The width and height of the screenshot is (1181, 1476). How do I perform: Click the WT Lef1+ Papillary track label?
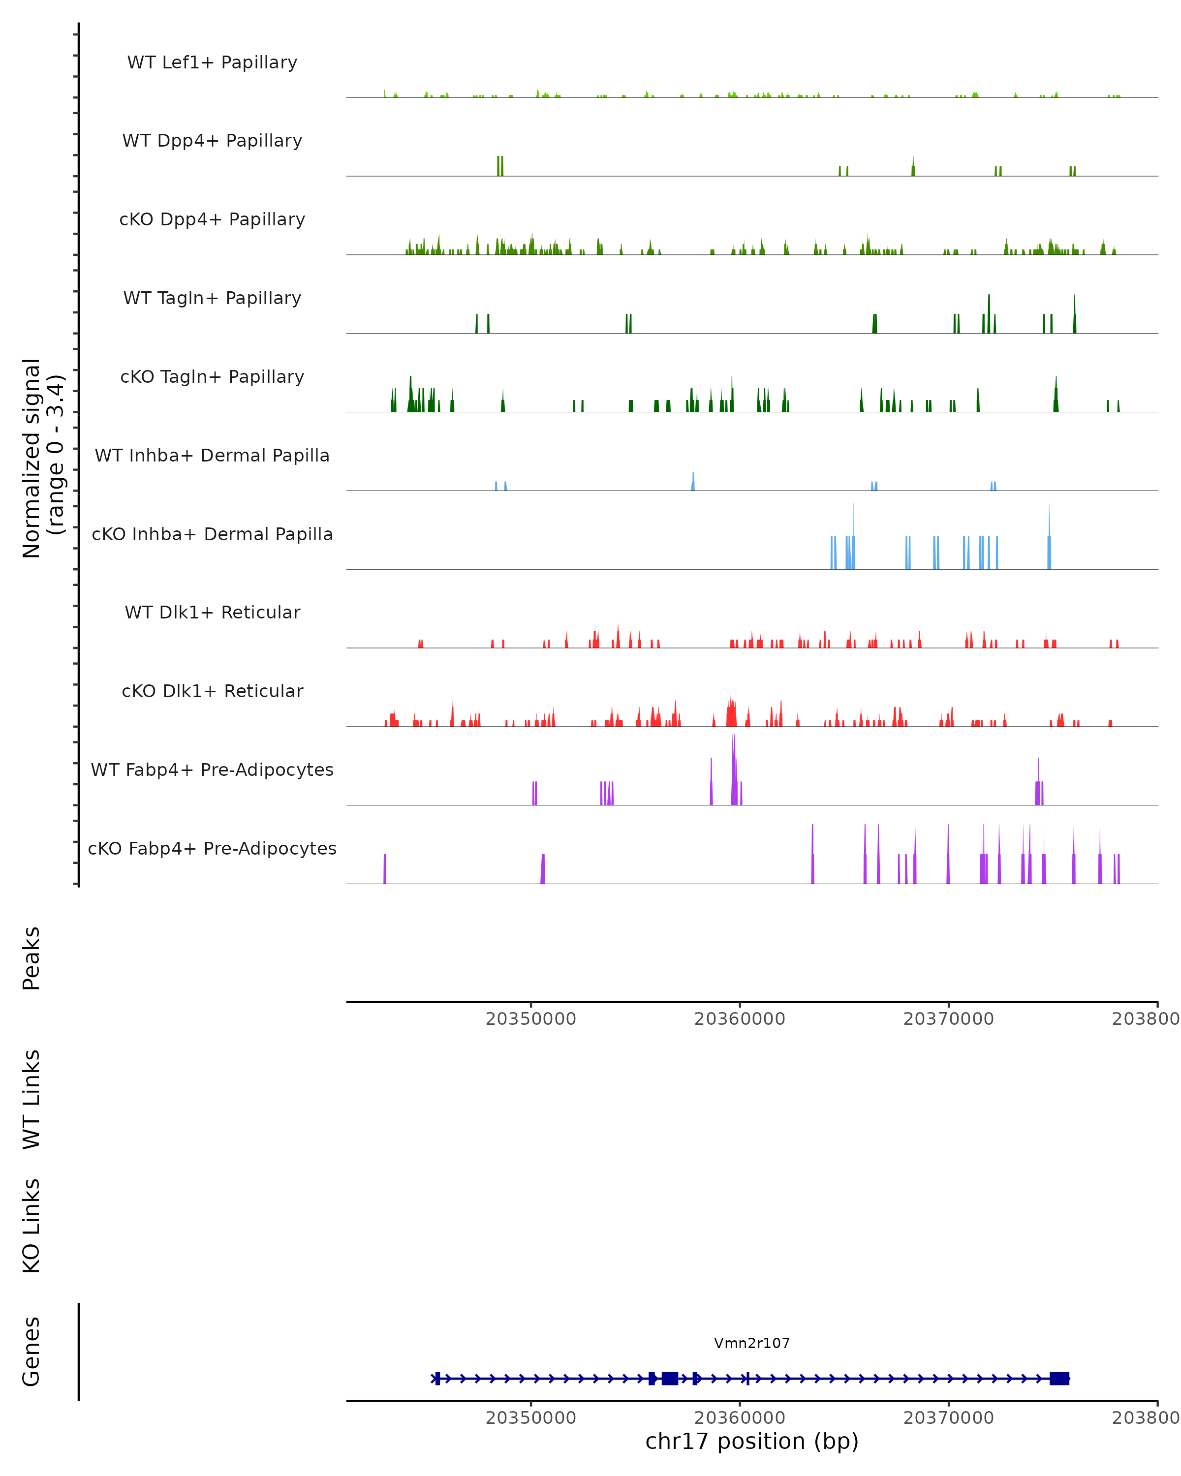click(x=212, y=62)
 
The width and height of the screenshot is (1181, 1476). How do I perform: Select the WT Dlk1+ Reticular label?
click(x=212, y=612)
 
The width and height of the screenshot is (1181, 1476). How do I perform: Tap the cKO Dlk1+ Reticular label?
click(x=212, y=691)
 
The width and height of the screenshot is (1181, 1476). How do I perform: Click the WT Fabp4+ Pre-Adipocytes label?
click(x=212, y=769)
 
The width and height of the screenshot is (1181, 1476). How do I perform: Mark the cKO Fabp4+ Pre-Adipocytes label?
click(x=212, y=848)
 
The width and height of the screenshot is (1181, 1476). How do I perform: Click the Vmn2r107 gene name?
click(x=752, y=1343)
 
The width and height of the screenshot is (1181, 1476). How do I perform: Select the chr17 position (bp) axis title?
click(x=752, y=1442)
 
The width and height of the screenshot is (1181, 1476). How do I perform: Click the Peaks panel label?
click(x=31, y=958)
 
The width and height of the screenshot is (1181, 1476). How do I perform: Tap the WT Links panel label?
click(x=31, y=1099)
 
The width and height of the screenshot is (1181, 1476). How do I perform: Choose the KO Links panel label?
click(x=31, y=1226)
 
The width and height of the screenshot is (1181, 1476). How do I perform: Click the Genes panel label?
click(x=31, y=1352)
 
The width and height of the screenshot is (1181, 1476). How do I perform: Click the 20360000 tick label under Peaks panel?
click(x=740, y=1019)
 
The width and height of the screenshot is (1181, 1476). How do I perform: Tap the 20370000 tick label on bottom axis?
click(x=948, y=1418)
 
